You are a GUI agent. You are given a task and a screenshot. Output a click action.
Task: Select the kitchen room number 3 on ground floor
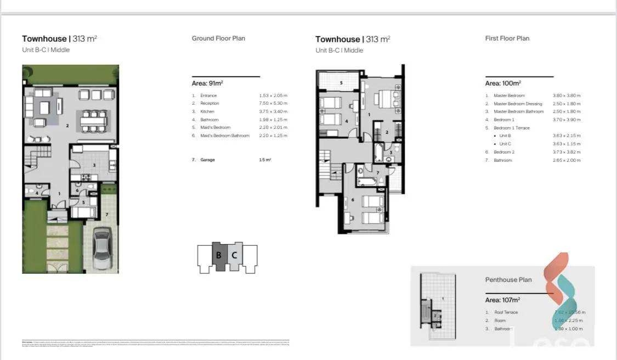coord(94,165)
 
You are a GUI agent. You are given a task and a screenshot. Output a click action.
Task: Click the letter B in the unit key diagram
coord(218,255)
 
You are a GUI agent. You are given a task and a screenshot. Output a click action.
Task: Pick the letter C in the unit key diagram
coord(234,255)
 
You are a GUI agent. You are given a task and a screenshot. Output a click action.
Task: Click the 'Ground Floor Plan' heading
coord(218,38)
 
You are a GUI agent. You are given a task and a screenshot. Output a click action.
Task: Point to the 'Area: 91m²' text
coord(207,83)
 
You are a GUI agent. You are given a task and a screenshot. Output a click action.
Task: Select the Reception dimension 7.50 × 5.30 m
coord(273,103)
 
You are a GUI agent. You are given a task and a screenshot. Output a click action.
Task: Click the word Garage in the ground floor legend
coord(208,160)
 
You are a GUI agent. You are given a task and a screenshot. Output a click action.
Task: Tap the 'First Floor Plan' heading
coord(507,38)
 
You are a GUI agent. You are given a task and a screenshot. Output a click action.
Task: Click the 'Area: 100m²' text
coord(502,83)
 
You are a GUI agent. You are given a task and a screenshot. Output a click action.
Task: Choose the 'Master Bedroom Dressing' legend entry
coord(518,104)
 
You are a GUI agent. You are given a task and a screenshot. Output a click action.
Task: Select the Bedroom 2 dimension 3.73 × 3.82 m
coord(567,152)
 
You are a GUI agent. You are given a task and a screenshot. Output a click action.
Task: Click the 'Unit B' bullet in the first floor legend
coord(504,136)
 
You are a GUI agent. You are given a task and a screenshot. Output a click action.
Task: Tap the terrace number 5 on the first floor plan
coord(341,83)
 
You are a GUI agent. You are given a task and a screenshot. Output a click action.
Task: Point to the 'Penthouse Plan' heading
coord(508,280)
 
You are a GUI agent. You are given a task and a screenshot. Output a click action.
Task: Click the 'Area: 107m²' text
coord(502,300)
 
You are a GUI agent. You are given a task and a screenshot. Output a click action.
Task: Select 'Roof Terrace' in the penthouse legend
coord(506,312)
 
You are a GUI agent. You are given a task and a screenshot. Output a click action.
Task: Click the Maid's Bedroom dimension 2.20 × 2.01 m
coord(273,127)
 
